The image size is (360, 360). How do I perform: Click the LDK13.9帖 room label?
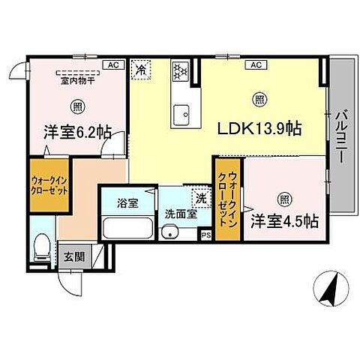point(259,129)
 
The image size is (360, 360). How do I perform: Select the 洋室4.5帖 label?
point(284,221)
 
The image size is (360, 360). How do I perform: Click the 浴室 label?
point(127,202)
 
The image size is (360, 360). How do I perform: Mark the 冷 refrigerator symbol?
point(141,69)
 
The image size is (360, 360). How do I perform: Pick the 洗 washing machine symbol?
point(200,199)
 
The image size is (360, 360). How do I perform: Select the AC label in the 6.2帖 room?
point(112,65)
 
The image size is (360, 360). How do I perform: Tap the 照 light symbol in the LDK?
point(259,98)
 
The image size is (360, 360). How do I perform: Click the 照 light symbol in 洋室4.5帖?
point(284,199)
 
